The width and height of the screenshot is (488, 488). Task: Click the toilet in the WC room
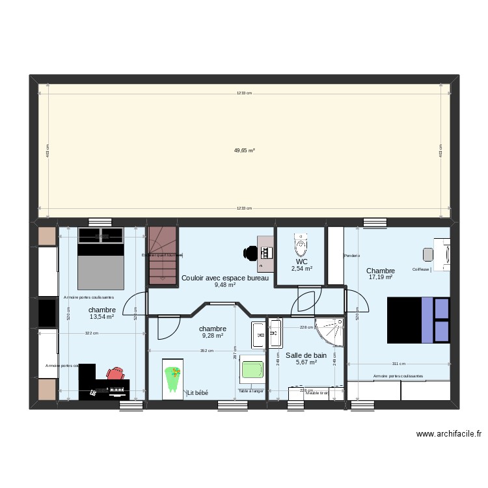(x=301, y=246)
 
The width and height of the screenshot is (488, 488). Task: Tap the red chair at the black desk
(x=116, y=373)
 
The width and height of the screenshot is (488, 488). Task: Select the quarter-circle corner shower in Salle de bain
(x=329, y=331)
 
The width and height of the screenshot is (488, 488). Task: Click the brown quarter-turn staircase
(x=163, y=255)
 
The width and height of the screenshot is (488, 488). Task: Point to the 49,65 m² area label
(x=244, y=150)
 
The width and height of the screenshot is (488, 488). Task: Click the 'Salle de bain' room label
(x=306, y=355)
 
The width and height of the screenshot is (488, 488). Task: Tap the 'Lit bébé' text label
(x=197, y=393)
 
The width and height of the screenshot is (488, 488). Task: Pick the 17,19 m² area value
(x=381, y=277)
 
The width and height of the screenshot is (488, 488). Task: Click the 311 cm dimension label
(x=398, y=364)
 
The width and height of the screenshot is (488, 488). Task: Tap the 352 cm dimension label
(x=206, y=351)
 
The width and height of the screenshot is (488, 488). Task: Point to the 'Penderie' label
(x=352, y=255)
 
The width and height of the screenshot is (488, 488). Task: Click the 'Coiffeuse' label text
(x=420, y=269)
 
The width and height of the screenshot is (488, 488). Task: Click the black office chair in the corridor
(x=251, y=252)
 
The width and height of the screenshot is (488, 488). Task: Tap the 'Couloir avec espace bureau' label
(x=224, y=278)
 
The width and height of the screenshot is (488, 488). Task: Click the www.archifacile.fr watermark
(x=448, y=434)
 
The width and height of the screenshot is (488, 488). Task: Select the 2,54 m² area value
(x=302, y=268)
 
